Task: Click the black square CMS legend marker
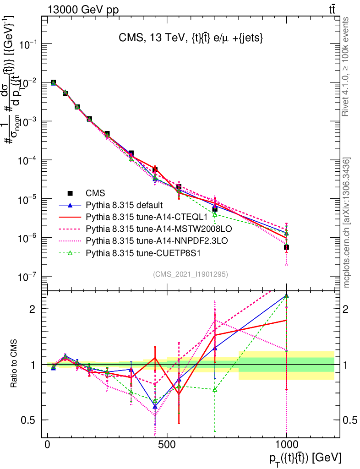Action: click(x=70, y=193)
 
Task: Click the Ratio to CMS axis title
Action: click(x=14, y=365)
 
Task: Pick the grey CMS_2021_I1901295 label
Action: click(x=191, y=274)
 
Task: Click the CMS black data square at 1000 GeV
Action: click(x=286, y=247)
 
